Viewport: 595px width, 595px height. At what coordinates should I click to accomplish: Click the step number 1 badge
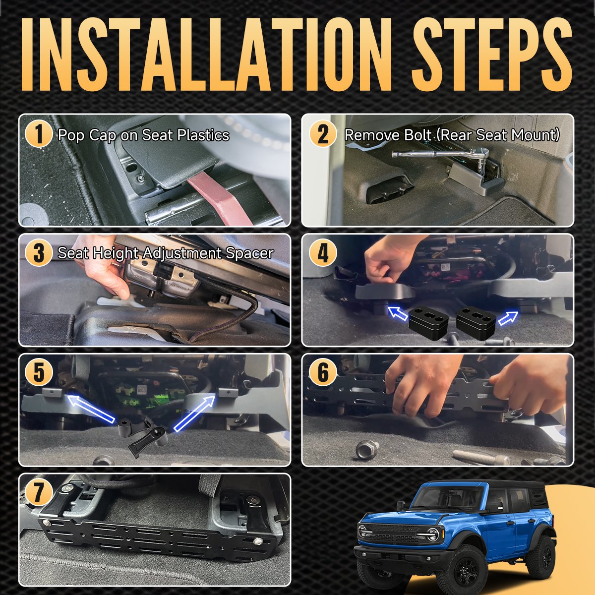[39, 134]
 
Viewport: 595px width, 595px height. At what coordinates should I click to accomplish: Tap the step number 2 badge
[323, 134]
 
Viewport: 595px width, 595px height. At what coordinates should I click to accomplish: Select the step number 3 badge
[39, 253]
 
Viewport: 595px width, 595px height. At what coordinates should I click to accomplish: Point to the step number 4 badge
[323, 253]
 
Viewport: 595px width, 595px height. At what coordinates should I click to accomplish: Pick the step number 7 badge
[39, 491]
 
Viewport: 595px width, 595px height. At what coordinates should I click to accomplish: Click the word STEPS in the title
[492, 55]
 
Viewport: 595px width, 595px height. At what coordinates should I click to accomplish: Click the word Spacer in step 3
[249, 254]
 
